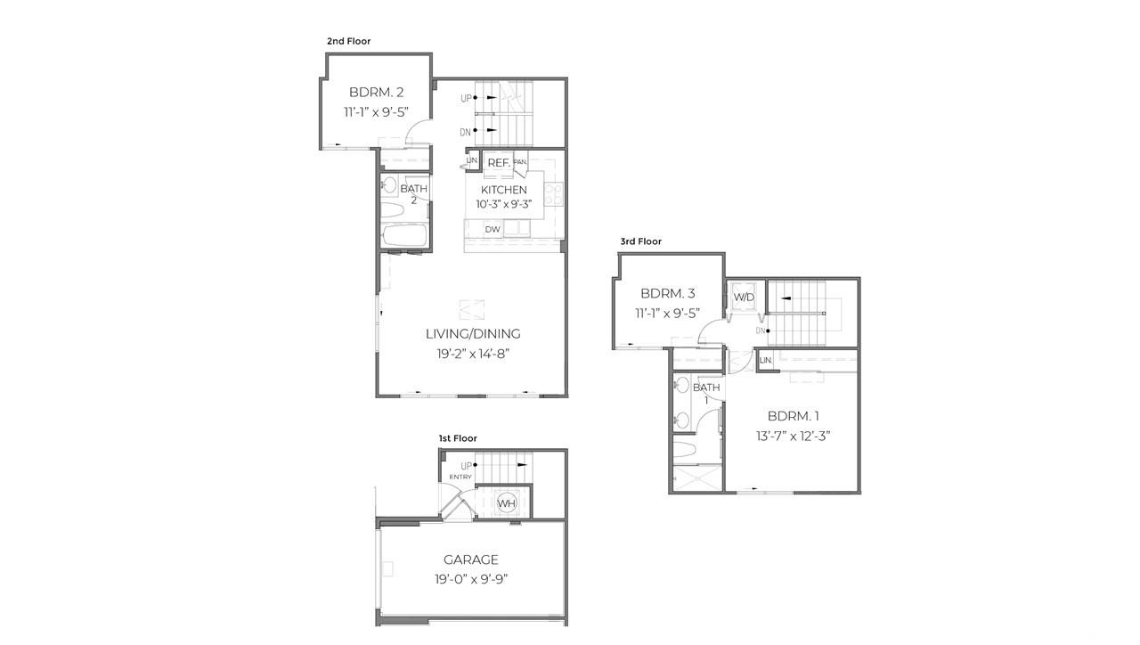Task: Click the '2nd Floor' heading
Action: pos(348,41)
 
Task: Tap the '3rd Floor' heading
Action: pos(641,241)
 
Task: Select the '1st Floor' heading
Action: pos(458,438)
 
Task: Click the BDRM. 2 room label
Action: pos(377,92)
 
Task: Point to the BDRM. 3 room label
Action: pos(667,293)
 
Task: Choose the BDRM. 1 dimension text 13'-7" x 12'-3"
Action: pos(793,437)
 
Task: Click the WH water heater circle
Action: pos(507,503)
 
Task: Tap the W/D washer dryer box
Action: pos(744,297)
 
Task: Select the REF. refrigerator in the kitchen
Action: pos(498,163)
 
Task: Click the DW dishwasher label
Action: pos(493,230)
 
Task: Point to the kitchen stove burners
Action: pos(554,193)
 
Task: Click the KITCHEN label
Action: pos(504,190)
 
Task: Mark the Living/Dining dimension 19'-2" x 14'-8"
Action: pos(472,354)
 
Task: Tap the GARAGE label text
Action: pos(471,559)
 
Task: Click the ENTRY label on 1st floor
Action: pos(460,478)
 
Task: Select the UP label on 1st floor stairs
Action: pos(466,466)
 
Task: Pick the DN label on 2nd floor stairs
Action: pos(465,132)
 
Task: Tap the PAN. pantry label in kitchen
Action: pos(520,162)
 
